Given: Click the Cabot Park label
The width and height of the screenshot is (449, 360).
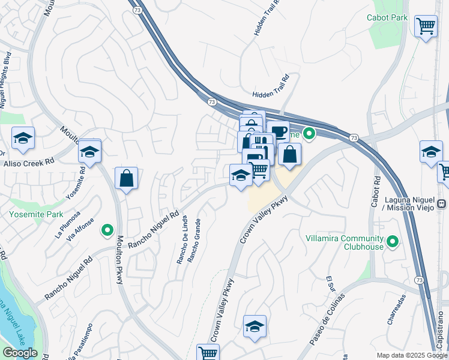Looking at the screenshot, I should (x=387, y=17).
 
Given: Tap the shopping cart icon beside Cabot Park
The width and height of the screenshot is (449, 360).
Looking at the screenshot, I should (x=426, y=26).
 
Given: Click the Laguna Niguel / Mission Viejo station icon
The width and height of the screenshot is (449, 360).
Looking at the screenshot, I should (x=442, y=203).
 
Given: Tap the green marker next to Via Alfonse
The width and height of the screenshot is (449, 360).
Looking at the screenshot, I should (x=107, y=229).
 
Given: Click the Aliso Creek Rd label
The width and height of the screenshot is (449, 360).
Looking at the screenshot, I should (x=29, y=163).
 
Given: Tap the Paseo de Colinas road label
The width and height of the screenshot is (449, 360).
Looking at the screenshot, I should (x=327, y=319).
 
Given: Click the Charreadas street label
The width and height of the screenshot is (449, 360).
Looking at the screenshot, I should (x=396, y=308).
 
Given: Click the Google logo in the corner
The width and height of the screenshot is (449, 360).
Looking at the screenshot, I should (x=20, y=353).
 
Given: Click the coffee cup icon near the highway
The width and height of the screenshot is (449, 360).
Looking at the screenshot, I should (x=278, y=131).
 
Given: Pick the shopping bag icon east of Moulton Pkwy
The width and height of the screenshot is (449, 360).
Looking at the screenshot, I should (x=126, y=178).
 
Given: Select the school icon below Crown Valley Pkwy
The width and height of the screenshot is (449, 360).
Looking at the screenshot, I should (x=255, y=326).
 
